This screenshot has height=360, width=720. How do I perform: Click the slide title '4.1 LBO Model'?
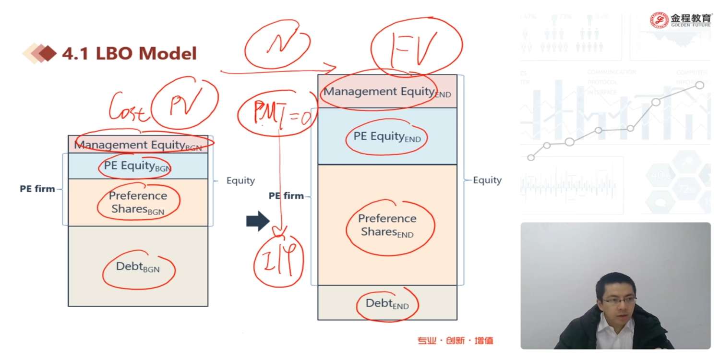129,53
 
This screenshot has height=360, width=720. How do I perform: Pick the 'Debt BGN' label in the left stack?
137,267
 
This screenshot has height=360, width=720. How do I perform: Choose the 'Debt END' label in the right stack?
387,304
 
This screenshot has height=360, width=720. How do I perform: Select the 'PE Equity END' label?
386,137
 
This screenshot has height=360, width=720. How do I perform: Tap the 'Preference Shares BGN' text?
138,203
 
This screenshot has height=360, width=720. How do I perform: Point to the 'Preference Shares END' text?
387,226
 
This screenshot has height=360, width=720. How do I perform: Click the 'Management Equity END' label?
387,92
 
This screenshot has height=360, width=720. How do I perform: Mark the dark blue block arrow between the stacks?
258,221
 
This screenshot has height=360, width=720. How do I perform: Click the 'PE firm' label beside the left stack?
37,189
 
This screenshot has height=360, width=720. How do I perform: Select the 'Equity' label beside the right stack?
487,180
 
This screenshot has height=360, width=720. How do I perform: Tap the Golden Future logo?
681,20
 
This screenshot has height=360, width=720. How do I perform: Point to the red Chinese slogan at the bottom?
455,341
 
